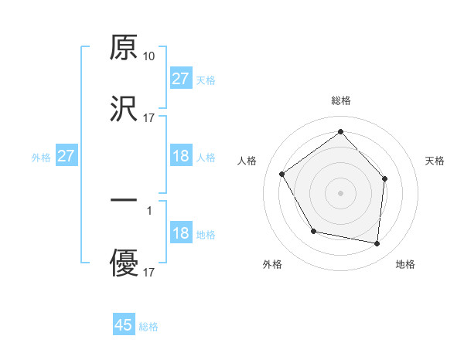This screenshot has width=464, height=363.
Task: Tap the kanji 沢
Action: pyautogui.click(x=124, y=110)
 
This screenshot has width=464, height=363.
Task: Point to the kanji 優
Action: pyautogui.click(x=124, y=263)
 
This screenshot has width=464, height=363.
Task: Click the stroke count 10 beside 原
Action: pyautogui.click(x=149, y=56)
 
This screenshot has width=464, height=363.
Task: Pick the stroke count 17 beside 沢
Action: pyautogui.click(x=149, y=118)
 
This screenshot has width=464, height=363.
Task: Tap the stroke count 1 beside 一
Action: pyautogui.click(x=148, y=210)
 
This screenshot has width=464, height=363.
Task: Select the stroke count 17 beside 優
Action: pyautogui.click(x=149, y=273)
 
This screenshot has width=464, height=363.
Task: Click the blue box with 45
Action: pyautogui.click(x=124, y=325)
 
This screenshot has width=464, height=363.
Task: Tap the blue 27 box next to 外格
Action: pyautogui.click(x=67, y=156)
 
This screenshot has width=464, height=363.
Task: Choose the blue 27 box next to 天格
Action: pyautogui.click(x=180, y=79)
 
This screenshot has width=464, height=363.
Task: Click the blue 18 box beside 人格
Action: pyautogui.click(x=180, y=156)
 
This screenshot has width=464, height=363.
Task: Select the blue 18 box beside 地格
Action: pyautogui.click(x=180, y=233)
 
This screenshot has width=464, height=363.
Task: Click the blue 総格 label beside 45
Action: pyautogui.click(x=148, y=327)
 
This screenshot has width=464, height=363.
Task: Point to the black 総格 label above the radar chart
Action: pyautogui.click(x=340, y=100)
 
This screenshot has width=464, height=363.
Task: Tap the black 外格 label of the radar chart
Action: pyautogui.click(x=272, y=264)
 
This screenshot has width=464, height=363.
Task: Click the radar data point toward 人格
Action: pyautogui.click(x=282, y=175)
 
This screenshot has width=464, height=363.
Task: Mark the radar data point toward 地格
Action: pyautogui.click(x=377, y=243)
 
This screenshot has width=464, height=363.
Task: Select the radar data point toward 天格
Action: pyautogui.click(x=386, y=178)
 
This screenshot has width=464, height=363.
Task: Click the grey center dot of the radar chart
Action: pyautogui.click(x=340, y=192)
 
